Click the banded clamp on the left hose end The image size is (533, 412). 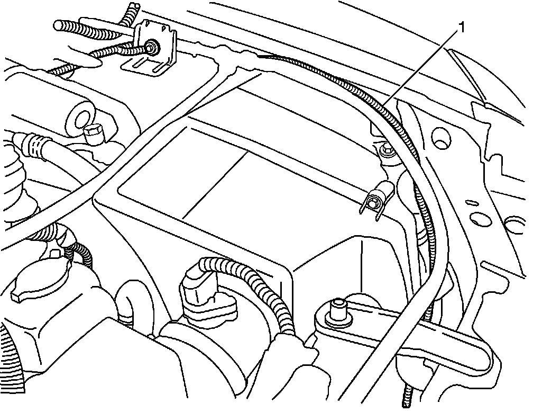coord(35,142)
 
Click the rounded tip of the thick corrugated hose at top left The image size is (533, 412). coord(60,25)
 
